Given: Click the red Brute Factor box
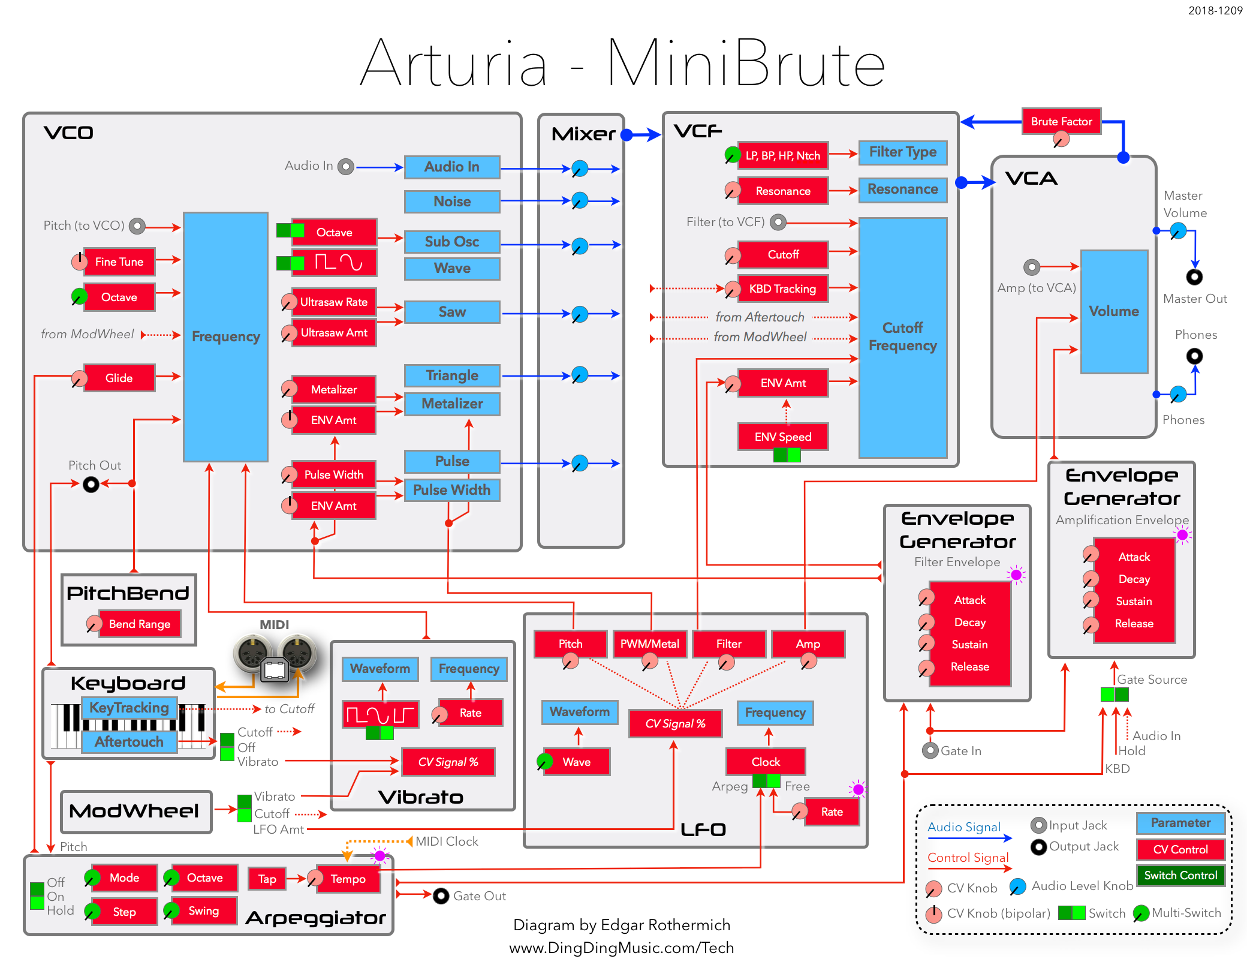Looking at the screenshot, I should (1061, 122).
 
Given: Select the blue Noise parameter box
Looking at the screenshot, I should (452, 202).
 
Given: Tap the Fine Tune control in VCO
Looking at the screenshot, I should (119, 262).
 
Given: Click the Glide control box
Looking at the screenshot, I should (119, 378).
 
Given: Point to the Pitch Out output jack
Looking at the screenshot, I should (91, 484).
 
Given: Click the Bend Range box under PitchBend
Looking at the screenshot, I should (140, 624).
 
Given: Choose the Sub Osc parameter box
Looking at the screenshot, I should (452, 242).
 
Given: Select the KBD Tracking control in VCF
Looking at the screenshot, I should (782, 289).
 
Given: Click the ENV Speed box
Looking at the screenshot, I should (783, 437).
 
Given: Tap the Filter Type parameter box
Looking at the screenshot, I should (903, 152).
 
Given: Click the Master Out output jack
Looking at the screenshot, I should (1194, 277).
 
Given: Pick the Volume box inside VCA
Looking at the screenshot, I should (1114, 312).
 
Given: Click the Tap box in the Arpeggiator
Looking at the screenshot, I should (267, 879).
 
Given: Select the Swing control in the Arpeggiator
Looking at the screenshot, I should (204, 911).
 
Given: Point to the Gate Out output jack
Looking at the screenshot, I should (441, 896).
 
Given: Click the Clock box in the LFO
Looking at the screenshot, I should (766, 762).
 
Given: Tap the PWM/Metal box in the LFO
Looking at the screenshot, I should (650, 644).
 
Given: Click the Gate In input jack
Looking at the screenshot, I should (930, 751).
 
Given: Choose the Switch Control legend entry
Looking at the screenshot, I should (1180, 876).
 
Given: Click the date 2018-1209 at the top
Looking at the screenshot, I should (1215, 11).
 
